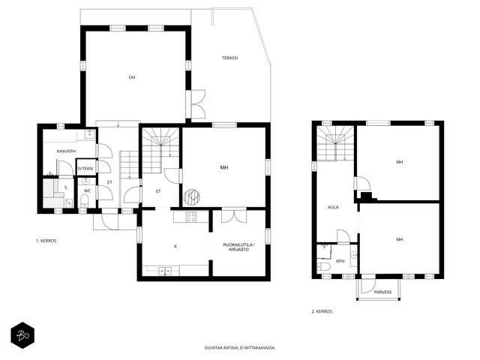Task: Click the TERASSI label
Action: tap(229, 58)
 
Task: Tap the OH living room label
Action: tap(132, 77)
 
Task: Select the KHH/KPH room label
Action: tap(66, 151)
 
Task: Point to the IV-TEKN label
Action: tap(85, 169)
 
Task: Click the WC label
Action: tap(88, 190)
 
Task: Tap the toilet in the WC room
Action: tap(84, 201)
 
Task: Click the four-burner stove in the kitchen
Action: tap(191, 217)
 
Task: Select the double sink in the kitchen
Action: tap(165, 271)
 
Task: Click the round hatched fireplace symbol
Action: tap(192, 197)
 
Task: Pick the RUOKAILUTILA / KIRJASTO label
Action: tap(238, 247)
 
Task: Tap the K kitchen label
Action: tap(175, 247)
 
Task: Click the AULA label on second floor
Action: tap(333, 207)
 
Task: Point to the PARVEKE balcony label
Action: tap(382, 292)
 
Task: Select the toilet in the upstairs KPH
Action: tap(323, 266)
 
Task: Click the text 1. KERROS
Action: tap(46, 241)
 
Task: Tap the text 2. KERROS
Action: tap(322, 312)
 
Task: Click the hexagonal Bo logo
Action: tap(22, 335)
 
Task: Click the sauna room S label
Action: tap(66, 187)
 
